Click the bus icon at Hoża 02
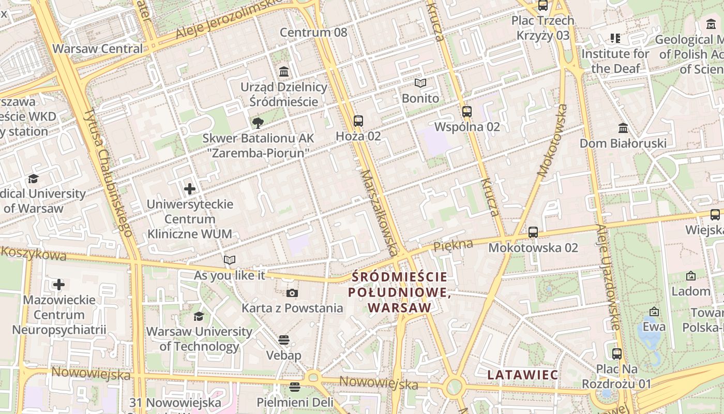[358, 121]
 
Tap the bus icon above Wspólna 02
[467, 111]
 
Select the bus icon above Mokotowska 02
[533, 232]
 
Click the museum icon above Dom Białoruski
[623, 128]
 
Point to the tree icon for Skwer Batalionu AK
[258, 123]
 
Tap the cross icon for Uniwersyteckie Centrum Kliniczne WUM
[190, 189]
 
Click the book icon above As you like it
[230, 260]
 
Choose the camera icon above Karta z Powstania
[292, 293]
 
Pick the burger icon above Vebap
[283, 340]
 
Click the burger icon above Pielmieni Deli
[295, 387]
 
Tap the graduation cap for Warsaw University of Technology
[199, 316]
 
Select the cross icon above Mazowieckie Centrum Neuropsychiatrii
[59, 284]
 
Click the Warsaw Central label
[98, 49]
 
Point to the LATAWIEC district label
[523, 375]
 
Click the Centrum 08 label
[313, 33]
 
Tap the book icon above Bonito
[420, 83]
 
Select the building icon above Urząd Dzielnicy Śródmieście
[284, 71]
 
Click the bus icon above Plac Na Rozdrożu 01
[616, 354]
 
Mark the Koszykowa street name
[34, 254]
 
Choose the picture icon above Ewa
[654, 312]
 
